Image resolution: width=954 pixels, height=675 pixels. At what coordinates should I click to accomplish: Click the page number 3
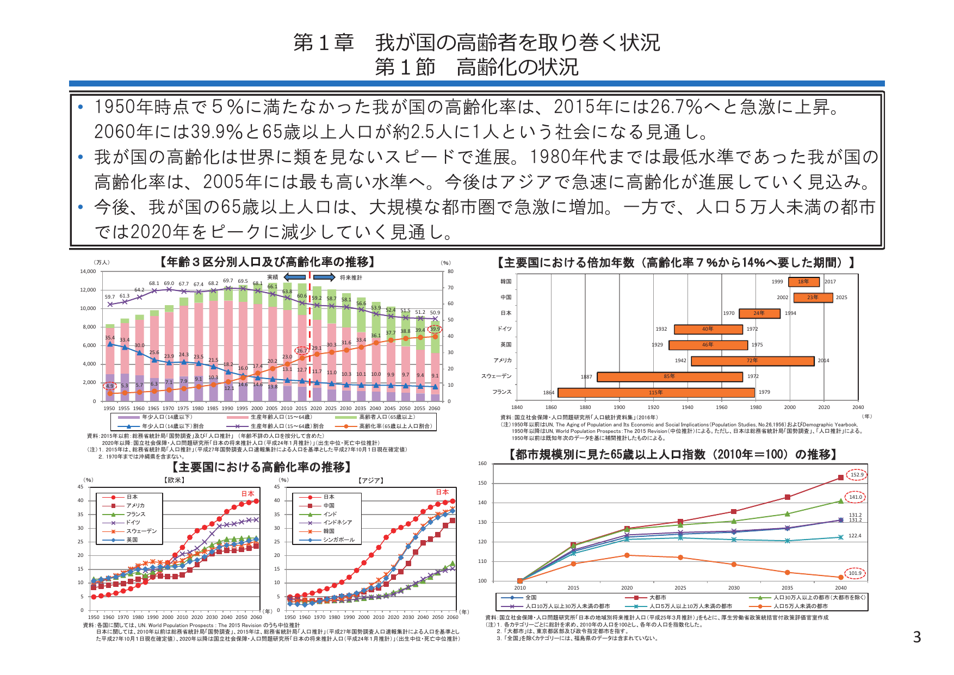[x=916, y=637]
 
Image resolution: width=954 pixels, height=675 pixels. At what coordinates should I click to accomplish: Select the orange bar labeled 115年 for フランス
[x=656, y=393]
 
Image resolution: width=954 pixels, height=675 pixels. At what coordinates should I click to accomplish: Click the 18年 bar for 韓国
[x=804, y=282]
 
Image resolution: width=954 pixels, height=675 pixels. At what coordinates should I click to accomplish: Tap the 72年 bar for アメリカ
[x=752, y=361]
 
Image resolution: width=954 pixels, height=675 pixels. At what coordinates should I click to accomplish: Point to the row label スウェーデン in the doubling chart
[x=496, y=376]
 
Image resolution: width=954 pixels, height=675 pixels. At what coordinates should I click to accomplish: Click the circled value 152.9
[x=857, y=475]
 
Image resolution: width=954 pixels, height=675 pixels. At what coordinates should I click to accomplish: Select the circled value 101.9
[x=855, y=573]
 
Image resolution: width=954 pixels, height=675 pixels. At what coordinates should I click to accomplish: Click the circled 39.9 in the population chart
[x=435, y=329]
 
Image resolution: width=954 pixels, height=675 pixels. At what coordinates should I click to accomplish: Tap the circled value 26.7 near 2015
[x=301, y=351]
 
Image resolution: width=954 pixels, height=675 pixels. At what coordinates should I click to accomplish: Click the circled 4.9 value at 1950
[x=110, y=386]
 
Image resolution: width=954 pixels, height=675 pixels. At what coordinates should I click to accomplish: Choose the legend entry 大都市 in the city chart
[x=658, y=598]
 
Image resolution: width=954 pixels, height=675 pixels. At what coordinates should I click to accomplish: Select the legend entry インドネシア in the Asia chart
[x=337, y=522]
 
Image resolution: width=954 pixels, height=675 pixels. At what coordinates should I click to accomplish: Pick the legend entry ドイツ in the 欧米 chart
[x=133, y=522]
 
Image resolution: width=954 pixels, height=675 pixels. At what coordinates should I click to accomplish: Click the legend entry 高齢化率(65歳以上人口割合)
[x=395, y=426]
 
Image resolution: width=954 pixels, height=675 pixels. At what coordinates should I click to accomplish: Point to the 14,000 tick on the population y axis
[x=88, y=271]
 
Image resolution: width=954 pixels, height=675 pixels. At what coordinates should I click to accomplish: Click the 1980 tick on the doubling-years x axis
[x=755, y=407]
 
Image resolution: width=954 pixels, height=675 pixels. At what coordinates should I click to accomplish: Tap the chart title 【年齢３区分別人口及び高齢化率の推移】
[x=268, y=262]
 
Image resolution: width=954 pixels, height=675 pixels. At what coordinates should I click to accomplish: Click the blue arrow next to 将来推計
[x=324, y=277]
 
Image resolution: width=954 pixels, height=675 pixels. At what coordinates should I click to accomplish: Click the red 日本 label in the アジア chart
[x=442, y=492]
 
